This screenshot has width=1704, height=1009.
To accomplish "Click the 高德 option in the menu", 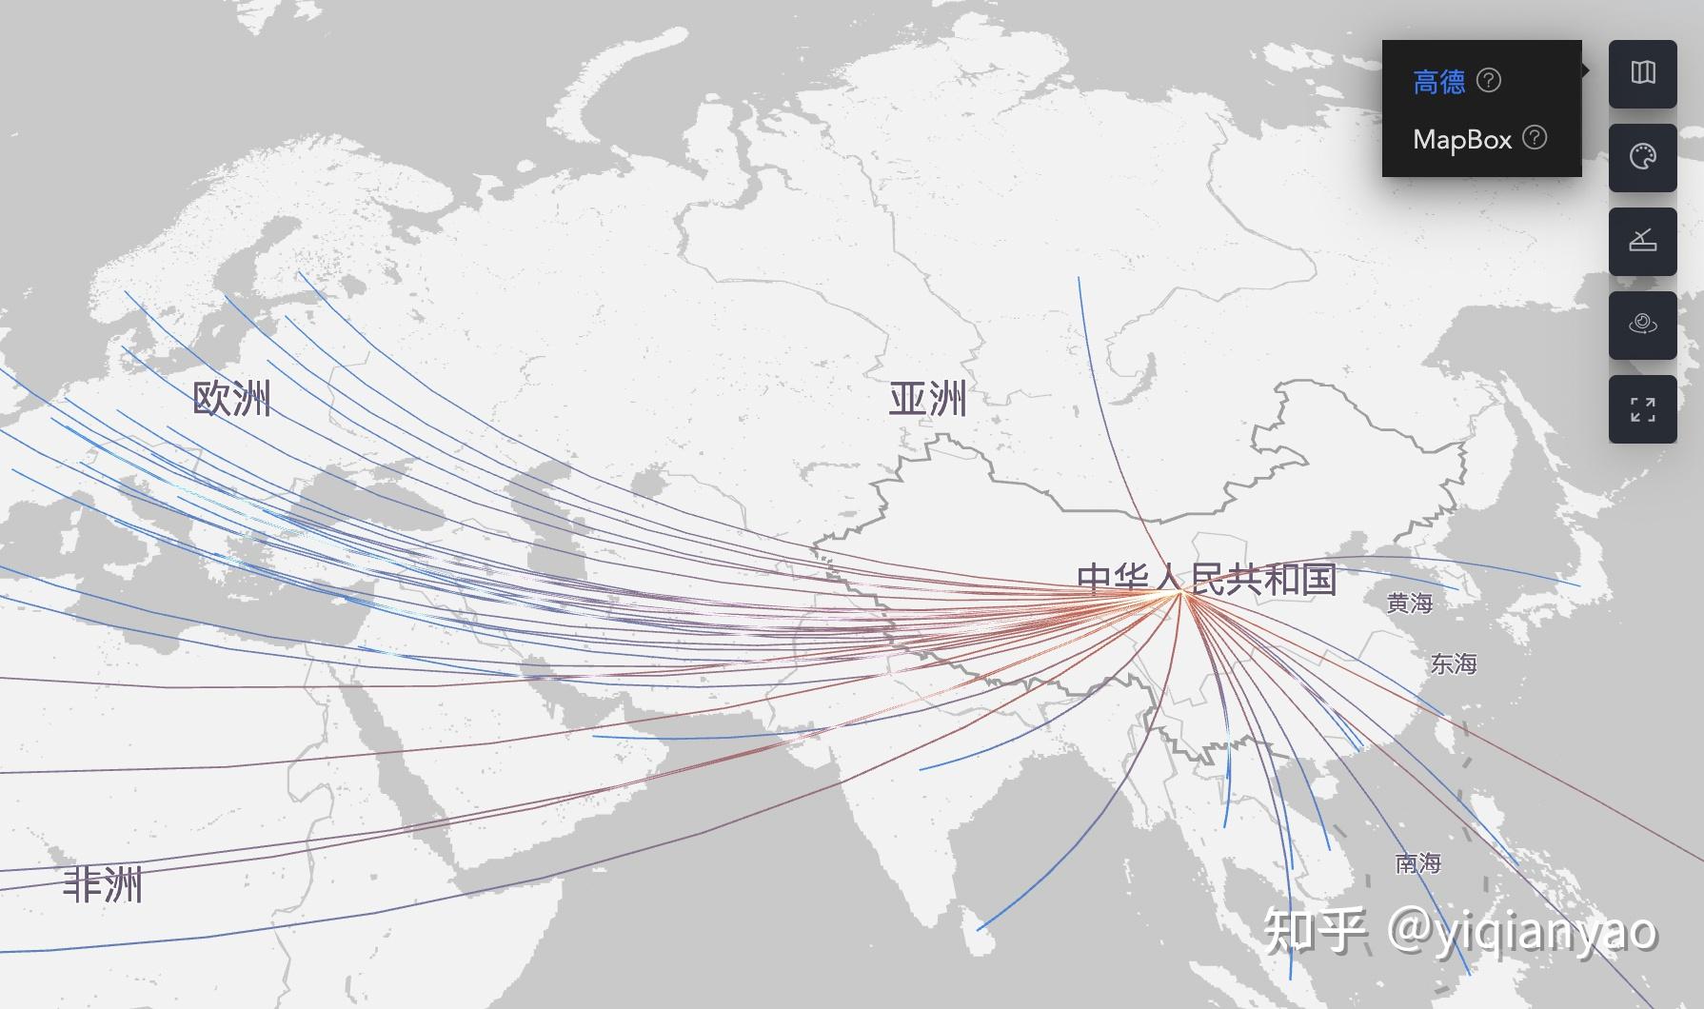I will [1438, 82].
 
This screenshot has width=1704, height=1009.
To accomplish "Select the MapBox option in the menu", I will [1462, 140].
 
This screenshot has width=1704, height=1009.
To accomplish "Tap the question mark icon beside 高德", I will [1489, 81].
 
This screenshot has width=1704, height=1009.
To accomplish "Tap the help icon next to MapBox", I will [1535, 138].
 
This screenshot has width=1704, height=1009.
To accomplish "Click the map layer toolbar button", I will [1642, 73].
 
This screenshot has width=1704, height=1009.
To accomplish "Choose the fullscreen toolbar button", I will [1642, 409].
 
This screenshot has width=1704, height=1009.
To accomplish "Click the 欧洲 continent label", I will [231, 399].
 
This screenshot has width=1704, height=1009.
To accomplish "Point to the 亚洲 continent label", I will [927, 399].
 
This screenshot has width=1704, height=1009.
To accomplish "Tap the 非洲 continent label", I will [102, 885].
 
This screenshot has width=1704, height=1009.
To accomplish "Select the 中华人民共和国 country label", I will [1206, 579].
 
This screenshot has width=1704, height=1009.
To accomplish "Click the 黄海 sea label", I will [1409, 603].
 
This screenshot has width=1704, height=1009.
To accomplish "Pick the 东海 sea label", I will [1453, 664].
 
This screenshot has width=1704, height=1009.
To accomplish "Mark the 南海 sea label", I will [1417, 863].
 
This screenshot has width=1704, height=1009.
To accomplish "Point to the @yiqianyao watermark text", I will [1521, 930].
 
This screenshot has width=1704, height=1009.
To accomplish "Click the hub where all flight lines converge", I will [1180, 592].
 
